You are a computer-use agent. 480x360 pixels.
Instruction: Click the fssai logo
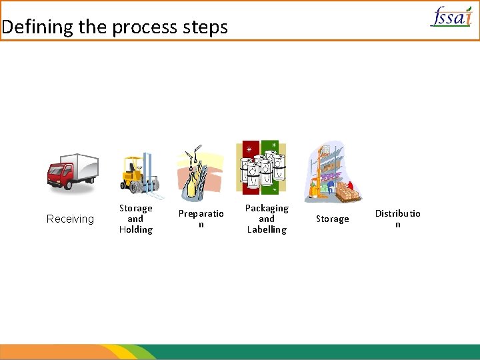tap(452, 16)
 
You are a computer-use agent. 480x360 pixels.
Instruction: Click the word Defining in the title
tap(37, 27)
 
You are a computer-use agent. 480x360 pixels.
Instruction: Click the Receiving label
tap(70, 219)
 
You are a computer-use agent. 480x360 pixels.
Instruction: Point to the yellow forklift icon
tap(139, 175)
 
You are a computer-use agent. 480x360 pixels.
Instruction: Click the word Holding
tap(136, 230)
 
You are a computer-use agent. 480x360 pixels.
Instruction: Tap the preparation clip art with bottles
tap(199, 172)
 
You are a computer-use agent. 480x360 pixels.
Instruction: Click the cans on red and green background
tap(261, 167)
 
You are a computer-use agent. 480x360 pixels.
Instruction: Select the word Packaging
tap(267, 208)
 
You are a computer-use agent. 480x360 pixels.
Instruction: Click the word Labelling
tap(267, 230)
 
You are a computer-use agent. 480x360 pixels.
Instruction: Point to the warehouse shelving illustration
tap(333, 172)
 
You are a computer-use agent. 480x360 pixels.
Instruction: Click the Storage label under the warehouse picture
tap(332, 219)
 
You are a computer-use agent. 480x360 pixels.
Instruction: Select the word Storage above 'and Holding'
tap(136, 208)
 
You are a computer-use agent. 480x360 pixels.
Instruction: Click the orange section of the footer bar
tap(53, 351)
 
